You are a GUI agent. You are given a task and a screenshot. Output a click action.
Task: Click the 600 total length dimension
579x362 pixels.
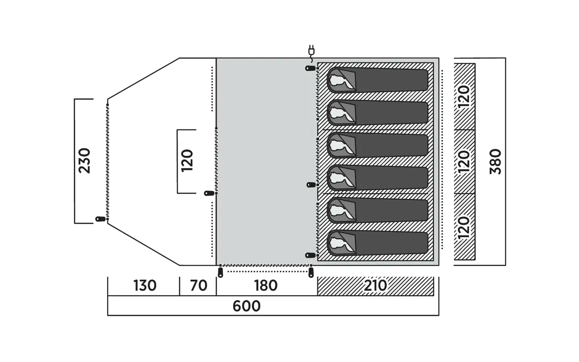(x=246, y=306)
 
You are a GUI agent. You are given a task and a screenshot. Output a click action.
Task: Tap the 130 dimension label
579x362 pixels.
(x=145, y=286)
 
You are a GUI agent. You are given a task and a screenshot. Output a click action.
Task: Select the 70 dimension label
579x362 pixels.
(x=199, y=286)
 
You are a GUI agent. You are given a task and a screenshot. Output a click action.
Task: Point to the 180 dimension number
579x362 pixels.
(x=266, y=286)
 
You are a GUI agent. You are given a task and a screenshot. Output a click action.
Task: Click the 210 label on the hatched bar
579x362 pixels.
(x=375, y=286)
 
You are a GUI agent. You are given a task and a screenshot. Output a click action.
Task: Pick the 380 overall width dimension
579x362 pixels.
(x=495, y=161)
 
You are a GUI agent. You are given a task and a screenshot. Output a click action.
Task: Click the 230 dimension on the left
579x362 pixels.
(x=84, y=161)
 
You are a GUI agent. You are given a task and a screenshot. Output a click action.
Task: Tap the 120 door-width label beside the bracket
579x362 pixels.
(x=187, y=161)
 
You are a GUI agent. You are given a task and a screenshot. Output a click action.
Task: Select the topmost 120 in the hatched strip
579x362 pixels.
(x=464, y=97)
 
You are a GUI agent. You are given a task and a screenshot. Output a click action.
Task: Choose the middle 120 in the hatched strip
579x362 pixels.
(x=464, y=161)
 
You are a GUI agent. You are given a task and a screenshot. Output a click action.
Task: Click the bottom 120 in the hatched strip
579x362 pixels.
(x=464, y=227)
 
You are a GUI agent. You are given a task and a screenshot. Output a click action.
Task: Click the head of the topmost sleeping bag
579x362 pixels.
(x=341, y=80)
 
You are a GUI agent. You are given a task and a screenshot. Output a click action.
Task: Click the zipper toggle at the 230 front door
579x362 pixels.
(x=100, y=219)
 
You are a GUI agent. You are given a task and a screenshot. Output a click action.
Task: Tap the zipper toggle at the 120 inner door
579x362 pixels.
(x=209, y=193)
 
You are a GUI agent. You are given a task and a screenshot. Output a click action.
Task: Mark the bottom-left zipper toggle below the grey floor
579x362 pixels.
(x=220, y=272)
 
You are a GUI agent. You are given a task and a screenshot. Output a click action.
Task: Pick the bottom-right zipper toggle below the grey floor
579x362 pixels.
(x=311, y=272)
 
